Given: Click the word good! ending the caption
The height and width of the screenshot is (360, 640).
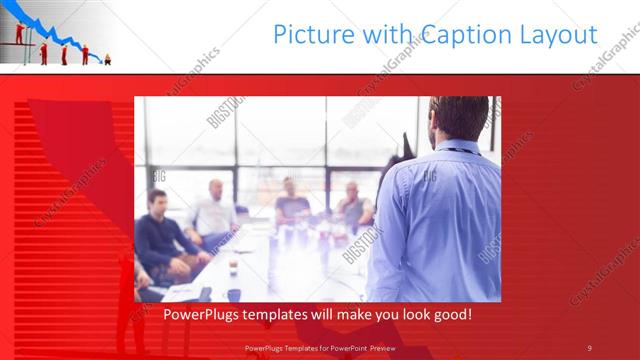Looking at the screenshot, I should (x=451, y=315).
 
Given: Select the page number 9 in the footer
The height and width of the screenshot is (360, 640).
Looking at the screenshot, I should (x=589, y=347).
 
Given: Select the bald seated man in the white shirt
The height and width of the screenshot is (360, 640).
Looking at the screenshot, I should (x=214, y=210).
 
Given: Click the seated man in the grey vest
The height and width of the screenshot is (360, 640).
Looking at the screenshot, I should (x=352, y=205).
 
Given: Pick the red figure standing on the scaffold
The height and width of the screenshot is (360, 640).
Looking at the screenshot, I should (x=19, y=32).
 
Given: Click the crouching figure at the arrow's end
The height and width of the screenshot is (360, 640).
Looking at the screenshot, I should (x=107, y=60).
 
